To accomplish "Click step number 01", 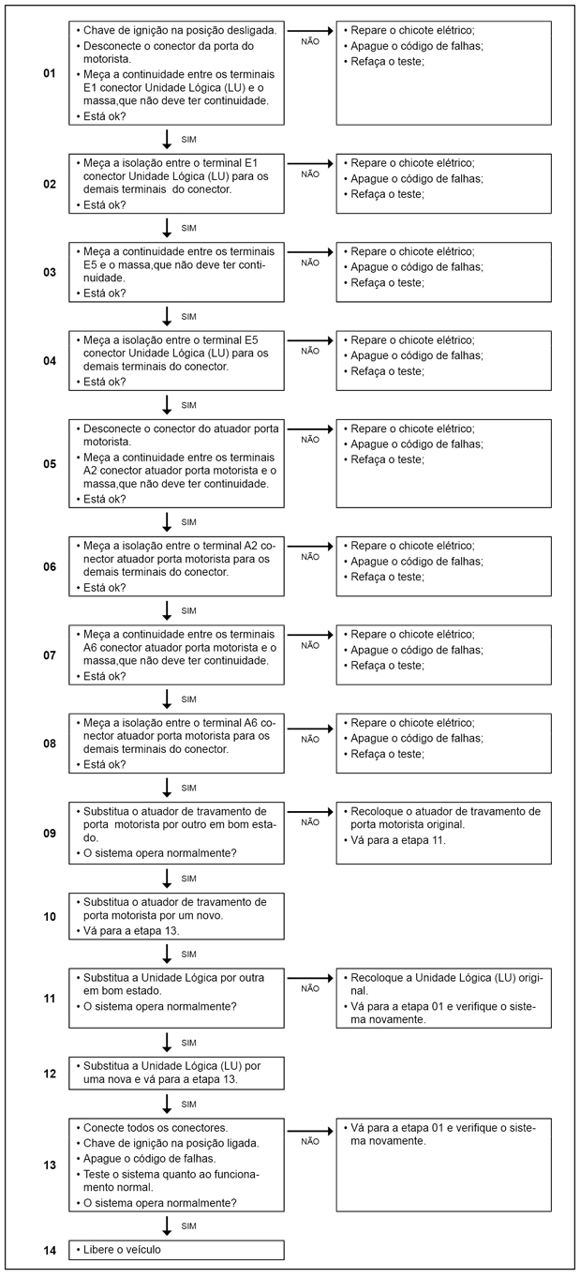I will (50, 73).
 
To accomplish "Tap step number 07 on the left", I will (50, 655).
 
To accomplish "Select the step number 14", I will (50, 1251).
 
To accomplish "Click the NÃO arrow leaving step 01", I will (309, 30).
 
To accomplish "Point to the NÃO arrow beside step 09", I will (309, 810).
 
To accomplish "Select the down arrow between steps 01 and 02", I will (167, 140).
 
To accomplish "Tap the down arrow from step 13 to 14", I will (167, 1225).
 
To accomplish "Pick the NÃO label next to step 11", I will (310, 988).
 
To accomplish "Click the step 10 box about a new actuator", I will (176, 915).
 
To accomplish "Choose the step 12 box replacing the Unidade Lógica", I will (176, 1073).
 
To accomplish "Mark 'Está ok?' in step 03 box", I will (105, 293).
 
